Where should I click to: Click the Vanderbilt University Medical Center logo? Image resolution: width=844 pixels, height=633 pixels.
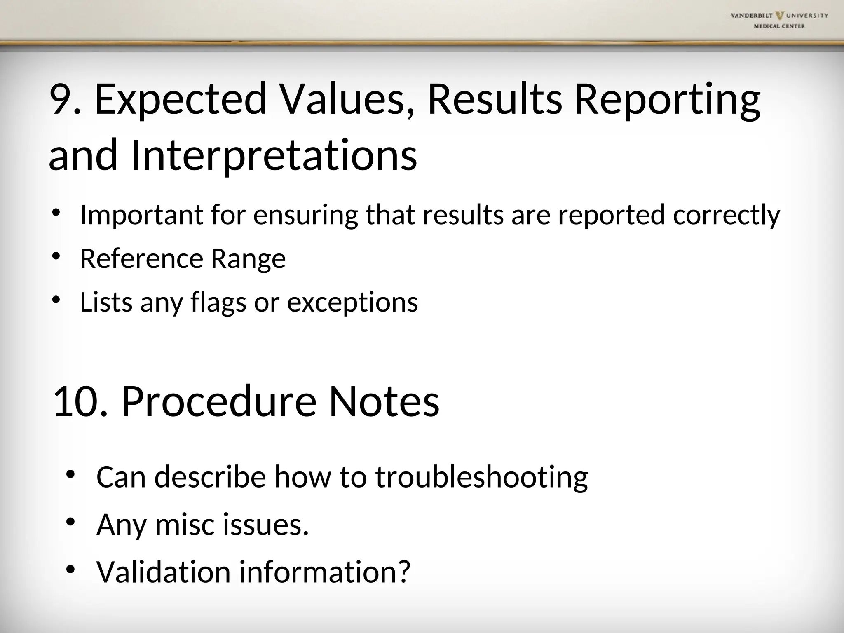point(778,20)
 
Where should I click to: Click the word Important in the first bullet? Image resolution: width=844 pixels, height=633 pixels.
point(141,215)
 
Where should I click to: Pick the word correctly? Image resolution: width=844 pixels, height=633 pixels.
point(726,216)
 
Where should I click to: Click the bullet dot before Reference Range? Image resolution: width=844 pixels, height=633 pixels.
point(56,256)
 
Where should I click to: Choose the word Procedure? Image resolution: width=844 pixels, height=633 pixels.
point(218,402)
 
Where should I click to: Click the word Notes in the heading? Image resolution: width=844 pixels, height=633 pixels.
point(384,402)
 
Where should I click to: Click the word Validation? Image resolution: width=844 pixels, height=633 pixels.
point(163,572)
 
